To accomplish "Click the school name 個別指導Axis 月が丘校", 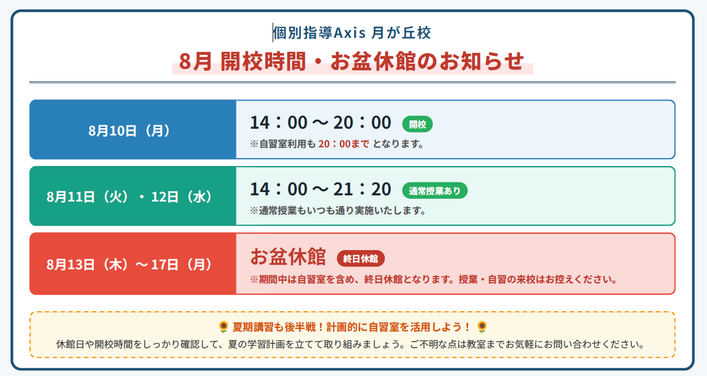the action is pyautogui.click(x=352, y=33).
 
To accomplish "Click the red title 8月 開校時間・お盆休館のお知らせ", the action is pyautogui.click(x=352, y=61).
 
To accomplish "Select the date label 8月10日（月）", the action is pyautogui.click(x=129, y=130).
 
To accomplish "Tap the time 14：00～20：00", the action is pyautogui.click(x=321, y=123).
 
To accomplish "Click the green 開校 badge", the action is pyautogui.click(x=417, y=124).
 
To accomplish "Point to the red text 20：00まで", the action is pyautogui.click(x=344, y=144).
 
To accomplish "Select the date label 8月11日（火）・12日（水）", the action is pyautogui.click(x=129, y=196).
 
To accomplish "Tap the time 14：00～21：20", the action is pyautogui.click(x=321, y=189).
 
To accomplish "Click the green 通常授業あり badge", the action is pyautogui.click(x=434, y=191).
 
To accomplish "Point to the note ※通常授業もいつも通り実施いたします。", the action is pyautogui.click(x=338, y=211).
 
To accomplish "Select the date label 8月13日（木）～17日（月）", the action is pyautogui.click(x=129, y=264).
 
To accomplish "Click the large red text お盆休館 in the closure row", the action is pyautogui.click(x=288, y=257).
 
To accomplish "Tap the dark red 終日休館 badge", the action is pyautogui.click(x=360, y=259).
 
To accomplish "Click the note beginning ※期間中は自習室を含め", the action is pyautogui.click(x=433, y=279).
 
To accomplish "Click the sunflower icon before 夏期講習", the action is pyautogui.click(x=223, y=327).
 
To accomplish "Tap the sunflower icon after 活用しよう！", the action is pyautogui.click(x=482, y=327).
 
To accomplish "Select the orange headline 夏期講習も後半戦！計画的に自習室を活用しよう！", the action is pyautogui.click(x=352, y=327).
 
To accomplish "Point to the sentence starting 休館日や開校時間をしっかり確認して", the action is pyautogui.click(x=350, y=344).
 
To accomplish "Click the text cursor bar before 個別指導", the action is pyautogui.click(x=273, y=33).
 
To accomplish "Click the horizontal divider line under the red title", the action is pyautogui.click(x=352, y=82).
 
